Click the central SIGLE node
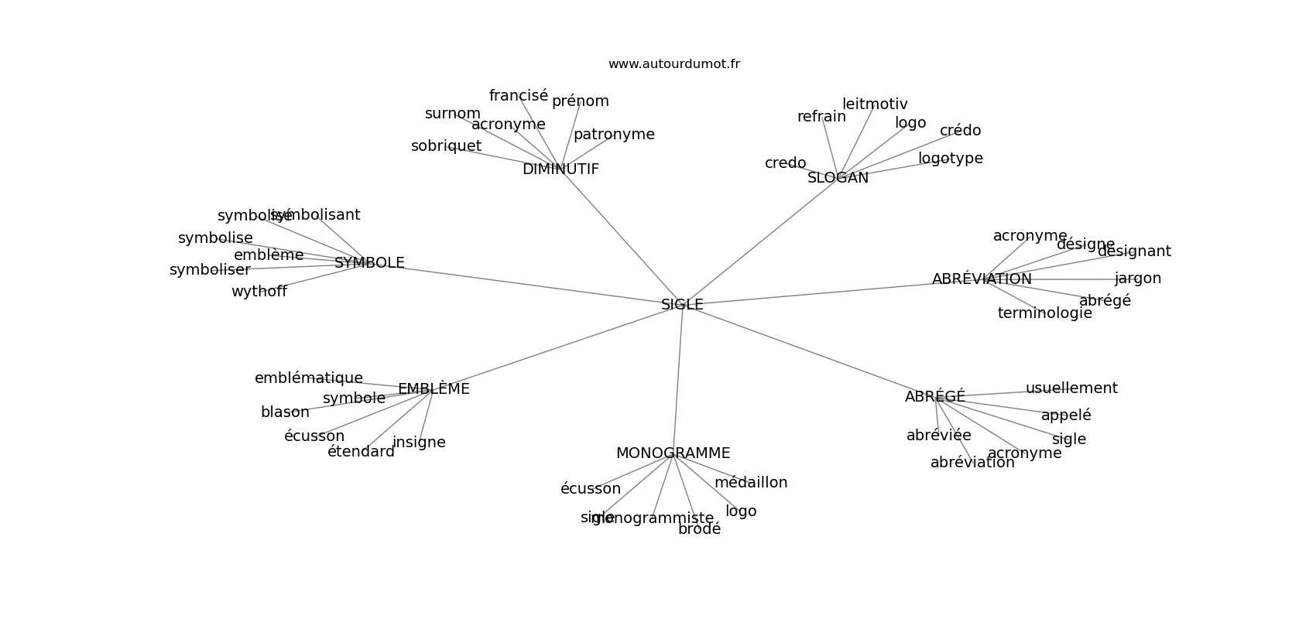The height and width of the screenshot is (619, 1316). [682, 305]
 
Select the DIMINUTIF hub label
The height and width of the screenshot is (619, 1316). [560, 169]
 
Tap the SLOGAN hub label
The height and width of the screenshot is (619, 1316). [838, 178]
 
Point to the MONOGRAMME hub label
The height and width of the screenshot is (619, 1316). [673, 453]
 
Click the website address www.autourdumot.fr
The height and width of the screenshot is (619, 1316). [673, 64]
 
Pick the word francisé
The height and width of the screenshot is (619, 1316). [518, 96]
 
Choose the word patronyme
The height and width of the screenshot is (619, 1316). [614, 135]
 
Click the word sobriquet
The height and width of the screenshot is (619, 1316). [446, 146]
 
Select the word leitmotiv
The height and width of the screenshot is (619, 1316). [875, 104]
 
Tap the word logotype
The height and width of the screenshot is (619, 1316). [950, 159]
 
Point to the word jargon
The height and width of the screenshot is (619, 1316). [1137, 279]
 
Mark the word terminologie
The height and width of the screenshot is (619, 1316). [1044, 313]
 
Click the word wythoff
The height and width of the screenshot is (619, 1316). [259, 292]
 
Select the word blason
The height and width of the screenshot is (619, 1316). [285, 412]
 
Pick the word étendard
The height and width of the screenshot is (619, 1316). [361, 452]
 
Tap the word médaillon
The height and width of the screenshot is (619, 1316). [750, 483]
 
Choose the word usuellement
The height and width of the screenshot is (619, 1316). [1071, 388]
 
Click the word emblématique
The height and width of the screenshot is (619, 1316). [308, 378]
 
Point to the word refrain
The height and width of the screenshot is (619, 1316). [821, 117]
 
